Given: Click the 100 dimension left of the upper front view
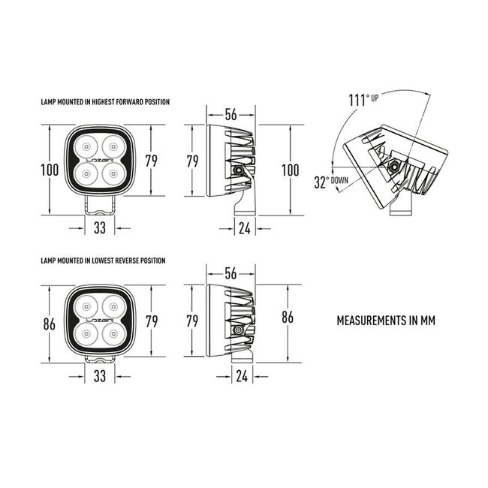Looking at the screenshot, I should (50, 170).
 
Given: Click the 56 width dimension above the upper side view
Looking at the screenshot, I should (230, 115).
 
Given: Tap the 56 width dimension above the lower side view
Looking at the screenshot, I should (230, 273).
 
